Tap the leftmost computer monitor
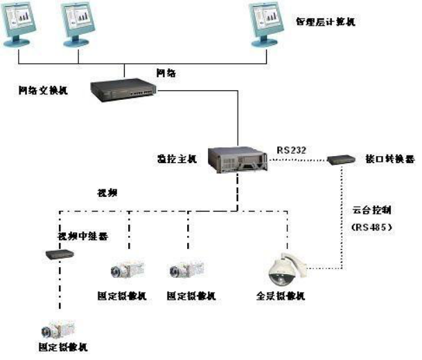[x=28, y=24]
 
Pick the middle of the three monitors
[x=82, y=24]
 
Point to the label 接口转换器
[x=389, y=159]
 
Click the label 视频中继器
[x=82, y=236]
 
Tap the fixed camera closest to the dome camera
[x=188, y=270]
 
